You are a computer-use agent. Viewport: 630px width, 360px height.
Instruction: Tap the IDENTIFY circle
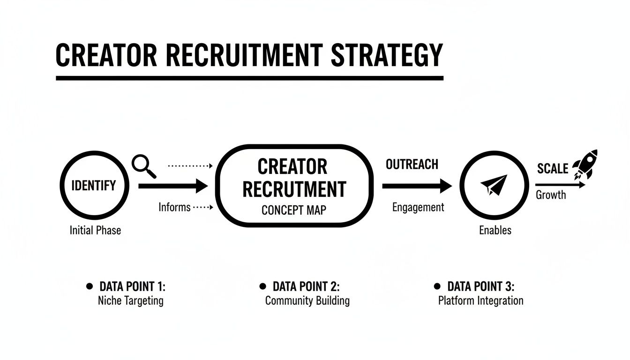coord(93,186)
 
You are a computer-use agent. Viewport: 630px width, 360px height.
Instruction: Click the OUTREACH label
coord(412,165)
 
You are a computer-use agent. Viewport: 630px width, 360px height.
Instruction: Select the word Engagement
coord(418,207)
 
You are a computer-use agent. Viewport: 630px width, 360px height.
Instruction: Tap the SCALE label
coord(553,169)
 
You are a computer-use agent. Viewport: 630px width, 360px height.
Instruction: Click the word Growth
coord(551,195)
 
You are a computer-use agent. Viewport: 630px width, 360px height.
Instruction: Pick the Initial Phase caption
coord(95,230)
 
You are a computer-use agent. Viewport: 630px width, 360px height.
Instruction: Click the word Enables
coord(495,230)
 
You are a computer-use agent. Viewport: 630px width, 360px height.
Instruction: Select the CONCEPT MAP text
coord(293,210)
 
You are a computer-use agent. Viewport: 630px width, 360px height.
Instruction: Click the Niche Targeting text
coord(131,300)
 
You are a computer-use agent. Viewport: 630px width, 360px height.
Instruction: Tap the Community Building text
coord(307,300)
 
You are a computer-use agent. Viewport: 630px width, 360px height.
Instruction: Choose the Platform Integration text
coord(480,300)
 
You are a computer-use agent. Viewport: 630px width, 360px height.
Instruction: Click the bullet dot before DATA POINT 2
coord(262,286)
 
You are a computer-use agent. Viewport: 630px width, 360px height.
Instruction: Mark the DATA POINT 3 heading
coord(481,286)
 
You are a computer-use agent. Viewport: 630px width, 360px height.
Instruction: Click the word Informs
coord(174,207)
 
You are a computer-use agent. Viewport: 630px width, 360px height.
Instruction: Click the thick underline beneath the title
coord(249,78)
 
